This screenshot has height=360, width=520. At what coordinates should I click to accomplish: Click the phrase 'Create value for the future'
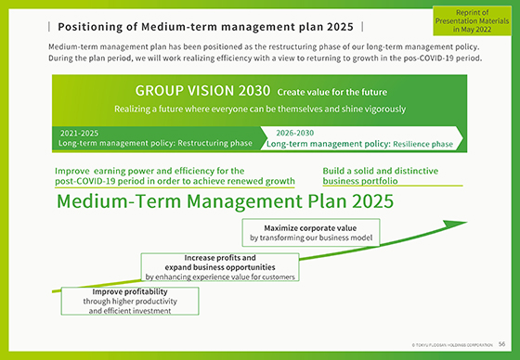[331, 93]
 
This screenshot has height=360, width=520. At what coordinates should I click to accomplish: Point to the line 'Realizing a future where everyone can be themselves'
[259, 109]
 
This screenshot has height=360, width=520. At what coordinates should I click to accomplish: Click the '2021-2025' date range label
[78, 133]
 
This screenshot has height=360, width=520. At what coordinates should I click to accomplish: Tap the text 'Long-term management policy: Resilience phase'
[359, 144]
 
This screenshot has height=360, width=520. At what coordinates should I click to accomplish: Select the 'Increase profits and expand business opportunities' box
[220, 264]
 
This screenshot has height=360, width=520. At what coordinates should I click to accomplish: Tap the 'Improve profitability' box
[129, 301]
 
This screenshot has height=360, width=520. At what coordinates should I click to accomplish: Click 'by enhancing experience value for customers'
[220, 276]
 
